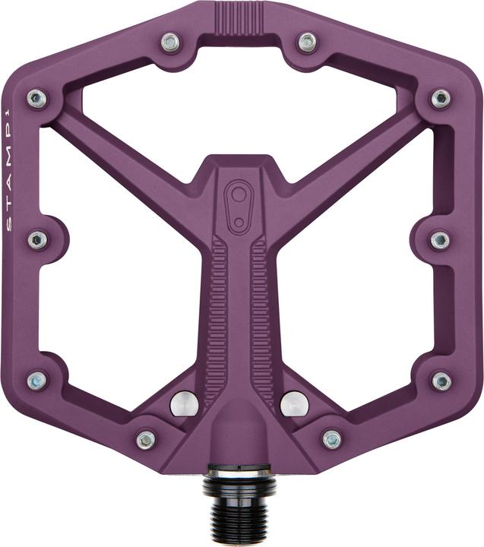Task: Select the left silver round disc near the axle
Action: click(185, 403)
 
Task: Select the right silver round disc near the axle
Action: click(294, 403)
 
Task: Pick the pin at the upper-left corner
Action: click(36, 98)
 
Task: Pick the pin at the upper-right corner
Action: click(441, 98)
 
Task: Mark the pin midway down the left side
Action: click(37, 240)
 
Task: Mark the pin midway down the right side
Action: click(440, 240)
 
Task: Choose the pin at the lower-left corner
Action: click(36, 380)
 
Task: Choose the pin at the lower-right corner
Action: click(441, 380)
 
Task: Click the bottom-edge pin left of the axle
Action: click(146, 439)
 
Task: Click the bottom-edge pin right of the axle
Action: click(332, 439)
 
